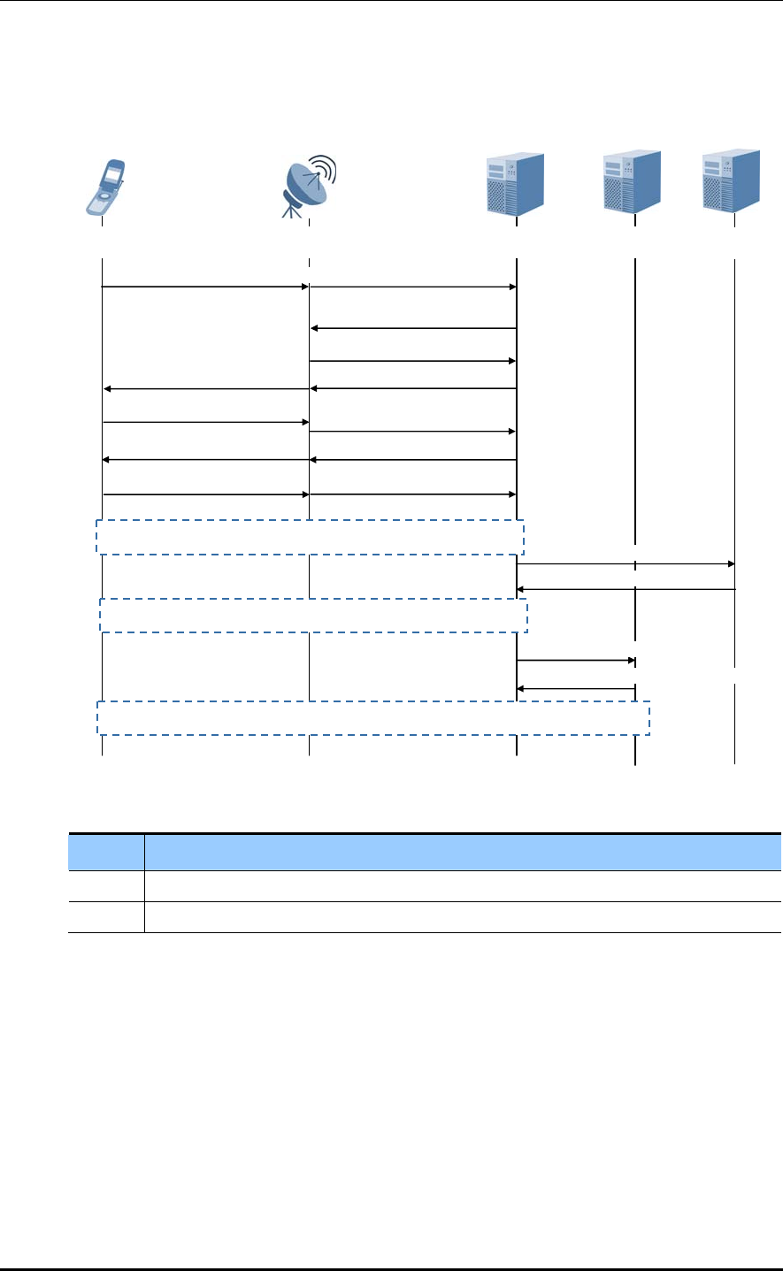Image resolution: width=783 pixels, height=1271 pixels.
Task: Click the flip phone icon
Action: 104,188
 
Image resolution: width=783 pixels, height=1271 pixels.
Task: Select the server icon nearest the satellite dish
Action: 516,185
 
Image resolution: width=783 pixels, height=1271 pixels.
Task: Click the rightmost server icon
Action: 731,181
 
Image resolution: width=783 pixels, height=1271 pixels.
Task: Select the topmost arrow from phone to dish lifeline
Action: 204,287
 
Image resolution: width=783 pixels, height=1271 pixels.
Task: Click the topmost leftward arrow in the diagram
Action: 413,329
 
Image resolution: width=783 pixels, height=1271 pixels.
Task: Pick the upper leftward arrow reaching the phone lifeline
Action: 205,389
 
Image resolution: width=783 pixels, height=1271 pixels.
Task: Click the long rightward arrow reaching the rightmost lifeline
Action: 626,563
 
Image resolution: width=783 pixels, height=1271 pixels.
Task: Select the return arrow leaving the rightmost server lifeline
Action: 626,589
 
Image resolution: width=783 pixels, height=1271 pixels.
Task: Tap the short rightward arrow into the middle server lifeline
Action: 576,660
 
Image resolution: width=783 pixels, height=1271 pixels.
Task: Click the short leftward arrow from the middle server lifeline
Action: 576,688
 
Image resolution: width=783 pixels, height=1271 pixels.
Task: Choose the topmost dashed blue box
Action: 311,536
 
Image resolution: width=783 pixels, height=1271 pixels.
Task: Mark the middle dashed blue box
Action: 313,615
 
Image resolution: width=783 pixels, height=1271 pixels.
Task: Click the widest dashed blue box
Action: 373,717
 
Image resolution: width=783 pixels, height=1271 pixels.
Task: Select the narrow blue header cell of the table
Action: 106,853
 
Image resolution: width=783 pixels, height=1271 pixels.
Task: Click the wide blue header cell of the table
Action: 463,853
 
